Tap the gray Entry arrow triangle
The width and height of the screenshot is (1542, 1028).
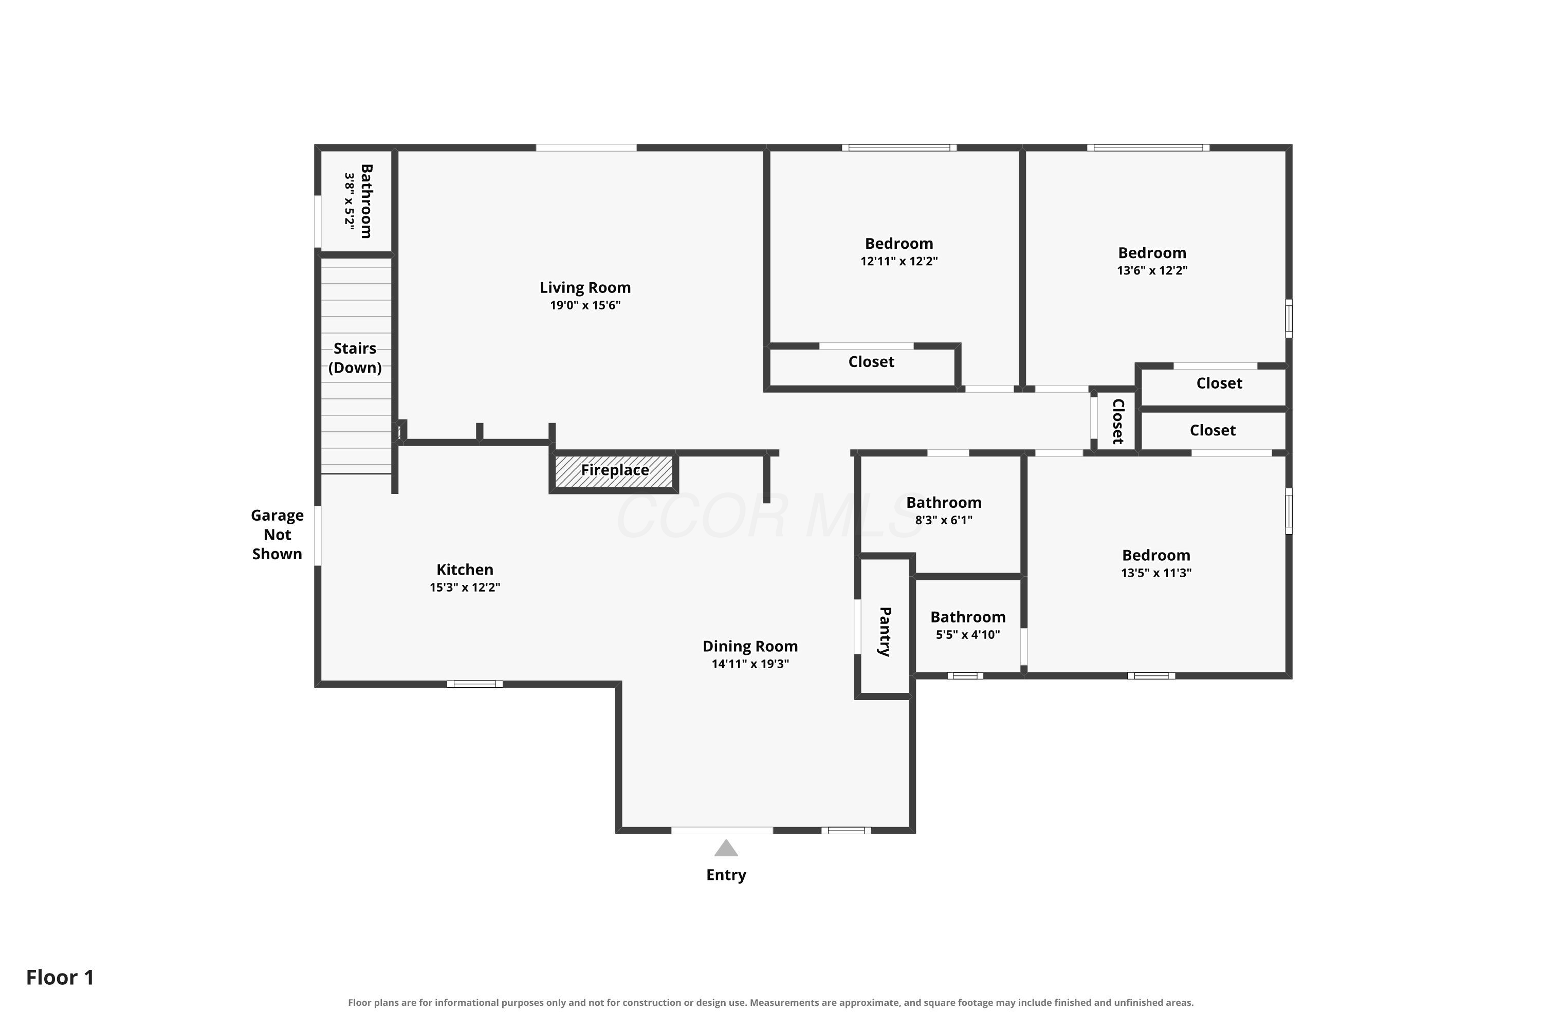point(726,849)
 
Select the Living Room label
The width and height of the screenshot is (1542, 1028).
point(585,288)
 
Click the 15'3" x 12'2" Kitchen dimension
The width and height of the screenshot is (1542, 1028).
point(465,588)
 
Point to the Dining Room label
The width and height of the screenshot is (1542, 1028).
point(750,647)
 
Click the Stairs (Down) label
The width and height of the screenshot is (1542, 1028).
point(355,358)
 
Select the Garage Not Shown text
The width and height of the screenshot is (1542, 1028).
point(278,535)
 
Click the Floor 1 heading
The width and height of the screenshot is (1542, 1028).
point(60,978)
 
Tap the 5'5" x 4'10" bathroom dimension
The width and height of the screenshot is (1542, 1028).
point(968,635)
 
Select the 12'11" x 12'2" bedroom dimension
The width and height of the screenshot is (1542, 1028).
point(899,261)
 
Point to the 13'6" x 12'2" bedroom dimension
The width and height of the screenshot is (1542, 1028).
point(1152,270)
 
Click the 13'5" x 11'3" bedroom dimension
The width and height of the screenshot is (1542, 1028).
point(1156,573)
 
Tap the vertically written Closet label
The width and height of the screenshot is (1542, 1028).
point(1118,421)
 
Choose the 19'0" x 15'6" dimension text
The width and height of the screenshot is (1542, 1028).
point(585,305)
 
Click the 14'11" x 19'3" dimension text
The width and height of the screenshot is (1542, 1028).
point(750,664)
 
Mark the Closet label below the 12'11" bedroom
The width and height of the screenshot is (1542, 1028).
point(871,362)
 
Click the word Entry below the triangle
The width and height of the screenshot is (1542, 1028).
point(726,875)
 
